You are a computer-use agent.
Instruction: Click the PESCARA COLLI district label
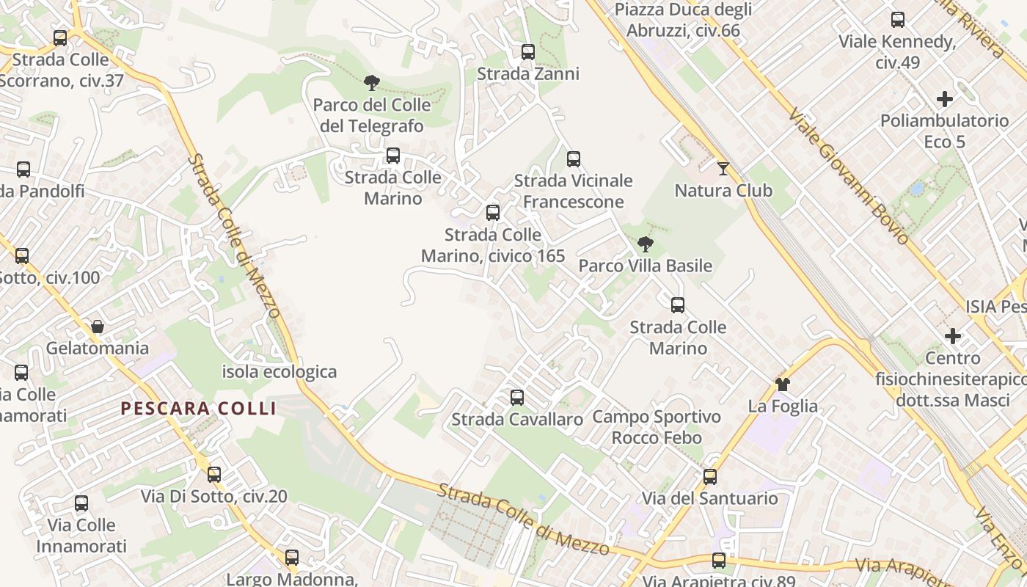pos(198,409)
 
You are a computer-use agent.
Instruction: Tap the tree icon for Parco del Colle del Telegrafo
pos(372,82)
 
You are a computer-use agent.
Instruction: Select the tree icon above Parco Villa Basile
pos(646,244)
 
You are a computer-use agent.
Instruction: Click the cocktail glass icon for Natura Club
pos(723,169)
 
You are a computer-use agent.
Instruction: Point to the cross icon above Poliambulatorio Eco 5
pos(945,98)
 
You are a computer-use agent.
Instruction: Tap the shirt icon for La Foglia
pos(783,384)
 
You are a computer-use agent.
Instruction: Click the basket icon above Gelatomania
pos(97,327)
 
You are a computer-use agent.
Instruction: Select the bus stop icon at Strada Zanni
pos(528,52)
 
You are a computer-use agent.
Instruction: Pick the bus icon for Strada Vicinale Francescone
pos(574,158)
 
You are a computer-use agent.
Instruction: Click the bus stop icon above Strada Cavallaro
pos(517,398)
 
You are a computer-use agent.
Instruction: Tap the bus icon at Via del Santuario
pos(710,477)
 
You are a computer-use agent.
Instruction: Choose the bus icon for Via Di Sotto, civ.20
pos(214,475)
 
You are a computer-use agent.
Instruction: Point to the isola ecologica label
pos(279,371)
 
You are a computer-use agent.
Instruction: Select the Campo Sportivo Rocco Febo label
pos(657,427)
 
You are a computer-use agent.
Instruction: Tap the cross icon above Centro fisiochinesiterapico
pos(953,336)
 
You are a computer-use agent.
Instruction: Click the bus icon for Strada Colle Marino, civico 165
pos(493,213)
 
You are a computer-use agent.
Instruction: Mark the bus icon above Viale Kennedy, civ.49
pos(898,20)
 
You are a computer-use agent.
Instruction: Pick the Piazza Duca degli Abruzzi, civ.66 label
pos(684,20)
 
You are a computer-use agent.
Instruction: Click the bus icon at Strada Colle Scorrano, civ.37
pos(60,37)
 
